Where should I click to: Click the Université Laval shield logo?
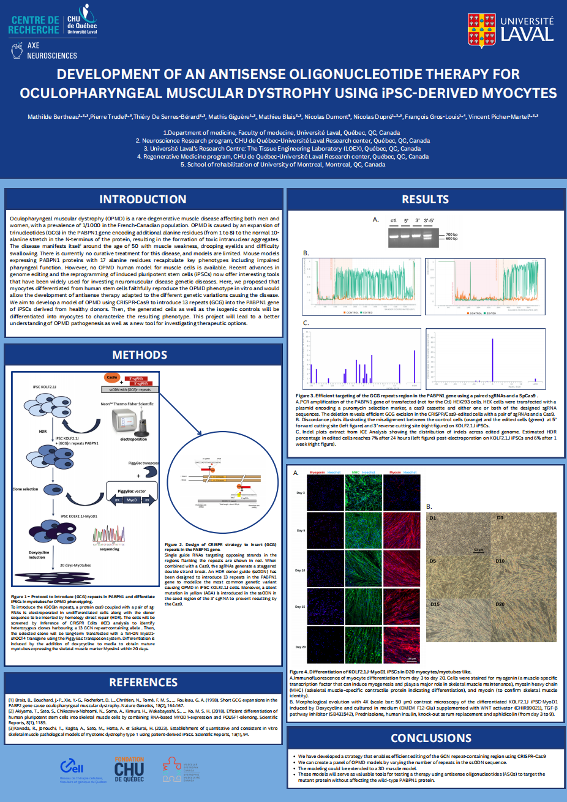(x=481, y=31)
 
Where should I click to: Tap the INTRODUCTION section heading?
(x=143, y=200)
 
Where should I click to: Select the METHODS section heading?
(x=140, y=355)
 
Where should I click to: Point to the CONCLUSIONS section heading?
(x=431, y=738)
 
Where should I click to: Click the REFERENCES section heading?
(x=143, y=683)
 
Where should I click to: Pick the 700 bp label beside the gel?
(x=451, y=234)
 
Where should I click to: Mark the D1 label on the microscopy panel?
(x=433, y=518)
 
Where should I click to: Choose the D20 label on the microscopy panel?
(x=500, y=604)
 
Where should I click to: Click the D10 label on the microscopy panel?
(x=500, y=561)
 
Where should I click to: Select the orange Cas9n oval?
(x=112, y=378)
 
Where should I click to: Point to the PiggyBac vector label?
(x=132, y=491)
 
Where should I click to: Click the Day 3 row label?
(x=300, y=493)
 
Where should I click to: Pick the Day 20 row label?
(x=300, y=646)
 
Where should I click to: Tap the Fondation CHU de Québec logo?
(x=129, y=770)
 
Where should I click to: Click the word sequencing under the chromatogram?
(x=110, y=549)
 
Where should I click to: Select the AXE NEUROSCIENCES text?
(x=51, y=51)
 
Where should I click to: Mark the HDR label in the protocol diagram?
(x=43, y=432)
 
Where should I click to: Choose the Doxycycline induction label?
(x=39, y=555)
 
